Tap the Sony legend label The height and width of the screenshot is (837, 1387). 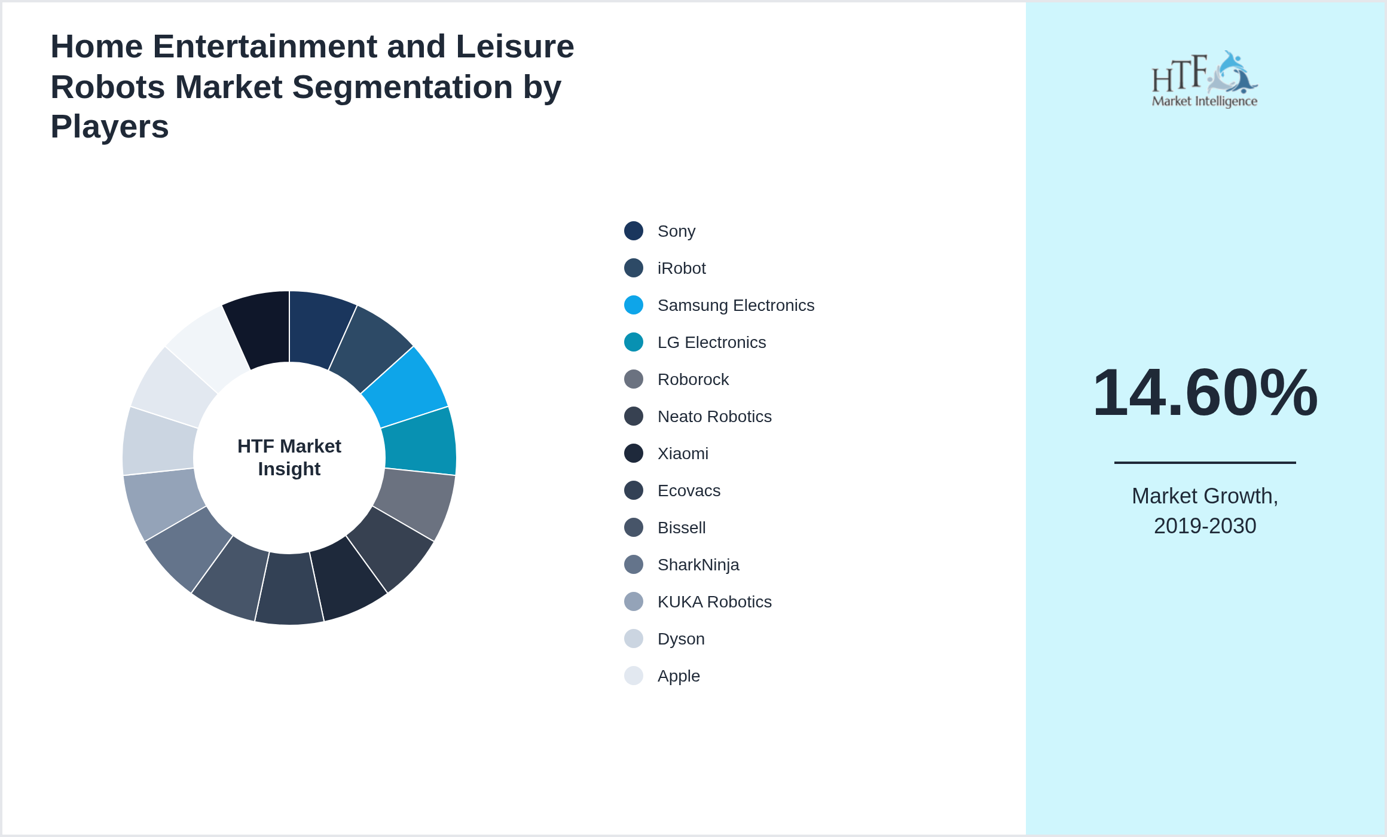pos(676,231)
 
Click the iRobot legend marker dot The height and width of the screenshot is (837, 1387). pos(634,268)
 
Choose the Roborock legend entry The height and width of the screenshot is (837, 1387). pos(692,380)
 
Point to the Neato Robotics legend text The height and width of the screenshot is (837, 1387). pos(714,417)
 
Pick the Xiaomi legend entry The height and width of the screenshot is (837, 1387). pos(682,454)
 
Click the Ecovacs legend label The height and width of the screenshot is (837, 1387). pos(689,491)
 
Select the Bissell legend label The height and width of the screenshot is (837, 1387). pos(681,528)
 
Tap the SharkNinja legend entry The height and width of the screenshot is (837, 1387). pos(698,565)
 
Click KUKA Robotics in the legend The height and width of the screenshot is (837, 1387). pos(714,602)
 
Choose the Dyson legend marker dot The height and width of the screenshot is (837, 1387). pos(634,639)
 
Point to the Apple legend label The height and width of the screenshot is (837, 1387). pos(678,676)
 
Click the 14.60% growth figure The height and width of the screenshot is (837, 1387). pos(1205,393)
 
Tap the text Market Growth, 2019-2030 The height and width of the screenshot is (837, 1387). pos(1205,511)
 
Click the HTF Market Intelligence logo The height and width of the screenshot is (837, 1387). pos(1205,80)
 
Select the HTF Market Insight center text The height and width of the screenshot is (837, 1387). pos(289,457)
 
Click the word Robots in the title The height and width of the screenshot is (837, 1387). pos(106,87)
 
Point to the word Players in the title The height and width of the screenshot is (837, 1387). pos(109,127)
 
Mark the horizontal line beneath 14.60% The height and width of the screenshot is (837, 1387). pos(1205,462)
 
